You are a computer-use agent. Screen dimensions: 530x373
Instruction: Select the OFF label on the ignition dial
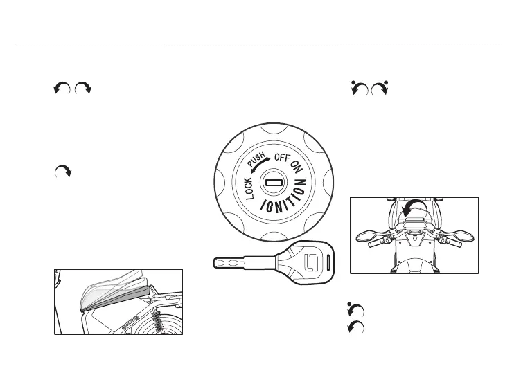tap(283, 158)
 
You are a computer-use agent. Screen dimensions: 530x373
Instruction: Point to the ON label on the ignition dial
tap(297, 166)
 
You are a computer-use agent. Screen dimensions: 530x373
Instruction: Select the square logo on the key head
tap(310, 262)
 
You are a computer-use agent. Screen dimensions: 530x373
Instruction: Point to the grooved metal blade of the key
tap(239, 264)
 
